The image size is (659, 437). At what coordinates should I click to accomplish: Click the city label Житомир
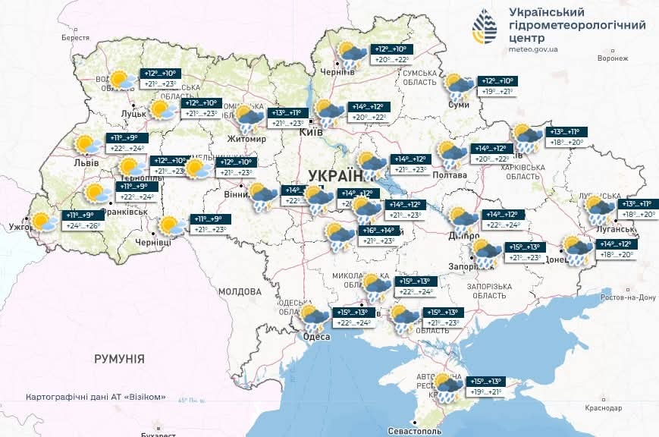click(246, 139)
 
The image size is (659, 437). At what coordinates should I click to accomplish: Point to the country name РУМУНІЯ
click(119, 357)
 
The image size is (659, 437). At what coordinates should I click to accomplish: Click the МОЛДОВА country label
click(240, 291)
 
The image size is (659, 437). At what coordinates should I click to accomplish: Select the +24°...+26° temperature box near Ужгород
click(80, 226)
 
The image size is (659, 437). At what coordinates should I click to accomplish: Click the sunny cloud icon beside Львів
click(88, 146)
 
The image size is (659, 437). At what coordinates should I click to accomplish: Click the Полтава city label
click(450, 175)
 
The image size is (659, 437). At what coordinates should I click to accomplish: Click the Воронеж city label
click(613, 58)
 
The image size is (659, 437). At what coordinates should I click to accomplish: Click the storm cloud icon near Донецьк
click(577, 249)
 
